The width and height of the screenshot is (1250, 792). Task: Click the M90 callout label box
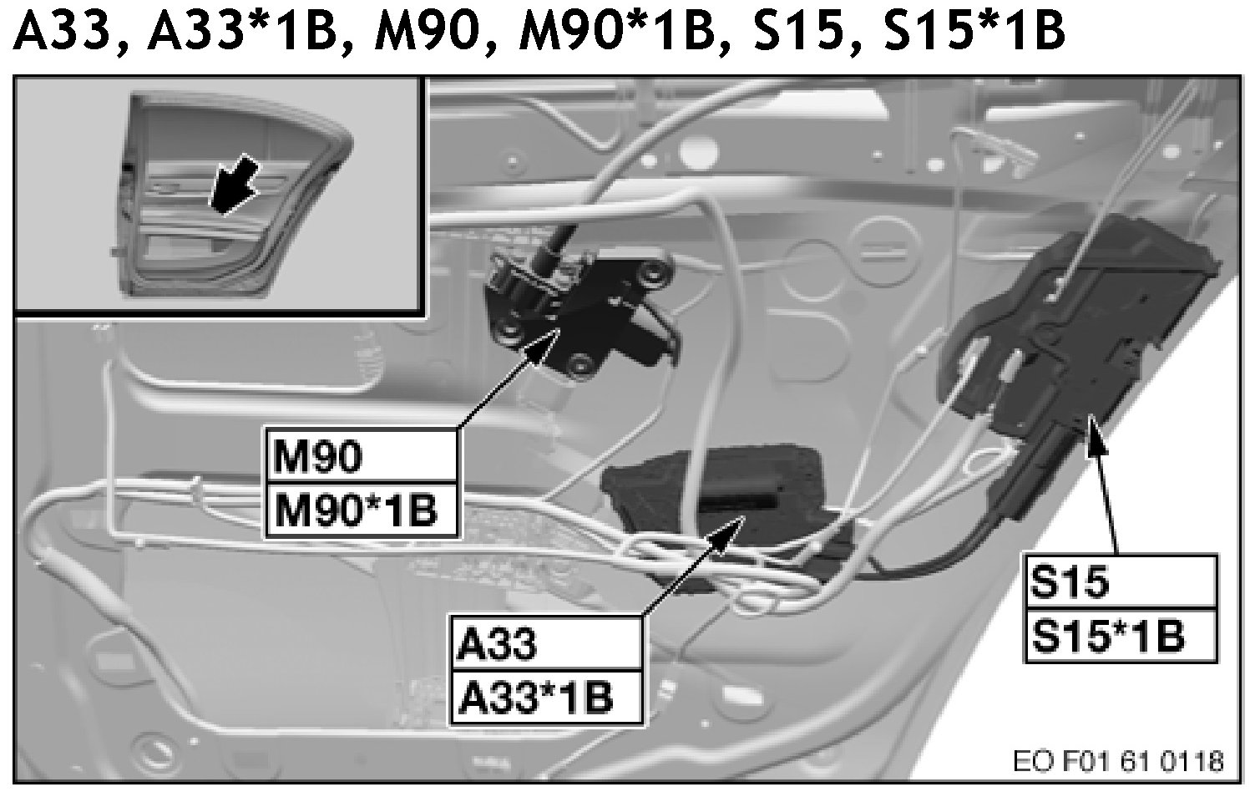coord(362,456)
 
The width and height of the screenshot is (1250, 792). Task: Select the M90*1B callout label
coord(362,509)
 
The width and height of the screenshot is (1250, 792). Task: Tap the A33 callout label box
coord(546,644)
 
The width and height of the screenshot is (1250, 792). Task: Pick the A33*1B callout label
coord(546,697)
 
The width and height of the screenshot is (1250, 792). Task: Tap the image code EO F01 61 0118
coord(1118,762)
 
